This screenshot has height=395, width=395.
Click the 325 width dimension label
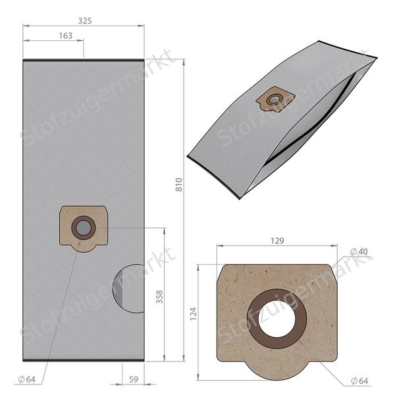(x=84, y=20)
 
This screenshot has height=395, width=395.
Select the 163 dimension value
(x=65, y=36)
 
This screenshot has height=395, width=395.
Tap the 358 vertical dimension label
(x=159, y=296)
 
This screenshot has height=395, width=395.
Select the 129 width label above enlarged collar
(x=277, y=241)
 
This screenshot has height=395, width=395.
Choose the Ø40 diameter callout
(x=358, y=251)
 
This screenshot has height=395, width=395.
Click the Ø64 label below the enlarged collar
(x=359, y=381)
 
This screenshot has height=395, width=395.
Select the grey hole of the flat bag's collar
(x=83, y=228)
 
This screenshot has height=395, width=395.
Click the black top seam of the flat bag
(x=83, y=61)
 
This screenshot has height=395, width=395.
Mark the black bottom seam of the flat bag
(x=83, y=360)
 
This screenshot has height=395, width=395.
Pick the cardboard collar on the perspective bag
(x=275, y=99)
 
